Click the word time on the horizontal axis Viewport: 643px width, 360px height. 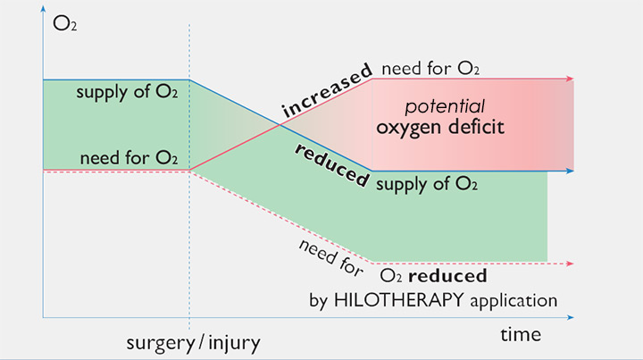point(520,334)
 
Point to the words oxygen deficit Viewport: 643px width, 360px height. point(440,127)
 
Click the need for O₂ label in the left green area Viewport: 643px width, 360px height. point(129,157)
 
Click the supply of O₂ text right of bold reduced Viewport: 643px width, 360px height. point(427,186)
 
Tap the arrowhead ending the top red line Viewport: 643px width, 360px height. point(572,79)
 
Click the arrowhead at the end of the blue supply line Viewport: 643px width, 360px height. point(572,170)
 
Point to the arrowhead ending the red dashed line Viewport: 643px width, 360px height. point(572,263)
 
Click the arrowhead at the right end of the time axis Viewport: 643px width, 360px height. point(572,317)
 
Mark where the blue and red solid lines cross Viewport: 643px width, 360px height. point(281,125)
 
